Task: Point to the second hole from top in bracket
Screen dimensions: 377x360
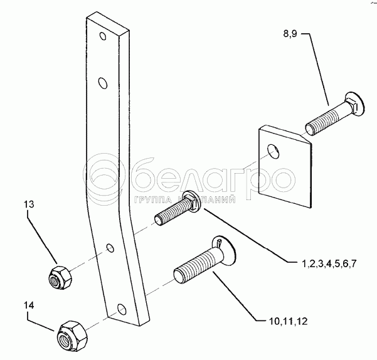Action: click(103, 82)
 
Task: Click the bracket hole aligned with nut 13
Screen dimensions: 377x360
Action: click(110, 249)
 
